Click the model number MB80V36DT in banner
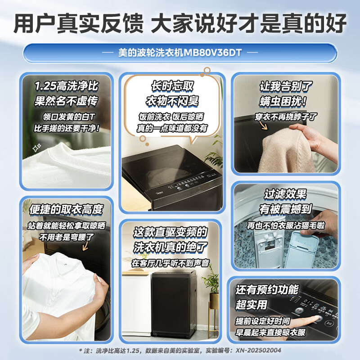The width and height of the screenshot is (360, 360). tap(212, 52)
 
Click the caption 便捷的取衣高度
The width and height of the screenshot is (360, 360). tap(66, 209)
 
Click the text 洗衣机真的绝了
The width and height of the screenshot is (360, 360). tap(171, 247)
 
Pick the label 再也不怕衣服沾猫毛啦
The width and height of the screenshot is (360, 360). tap(286, 225)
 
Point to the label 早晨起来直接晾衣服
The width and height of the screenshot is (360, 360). tap(266, 333)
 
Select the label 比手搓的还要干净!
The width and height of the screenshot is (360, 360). tap(67, 128)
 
